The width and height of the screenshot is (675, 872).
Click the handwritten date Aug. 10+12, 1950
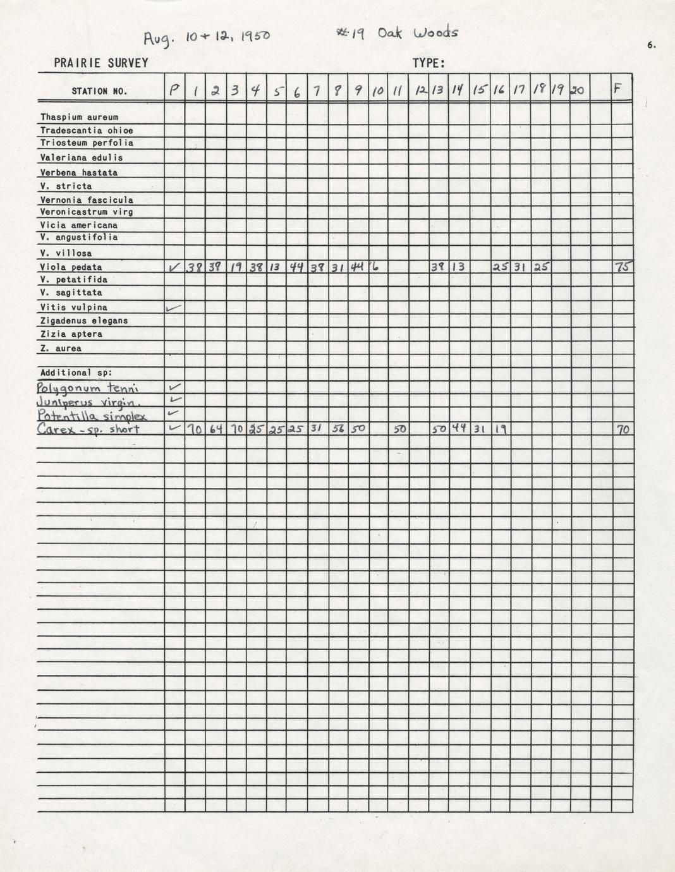[206, 37]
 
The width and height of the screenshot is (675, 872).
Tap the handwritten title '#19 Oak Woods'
[397, 33]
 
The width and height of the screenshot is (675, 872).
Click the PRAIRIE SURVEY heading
[101, 63]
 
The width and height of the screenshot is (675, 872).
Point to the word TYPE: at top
[429, 63]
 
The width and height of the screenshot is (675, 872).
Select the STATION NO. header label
[99, 91]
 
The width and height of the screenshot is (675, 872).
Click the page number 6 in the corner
[651, 45]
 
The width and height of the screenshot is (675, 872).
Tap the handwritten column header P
[174, 91]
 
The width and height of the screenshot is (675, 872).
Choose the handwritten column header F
[618, 90]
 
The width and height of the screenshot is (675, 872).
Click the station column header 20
[578, 91]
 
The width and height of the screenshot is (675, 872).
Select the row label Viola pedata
[71, 267]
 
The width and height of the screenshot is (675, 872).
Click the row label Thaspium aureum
[79, 117]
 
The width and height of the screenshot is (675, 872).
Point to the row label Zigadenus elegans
[84, 320]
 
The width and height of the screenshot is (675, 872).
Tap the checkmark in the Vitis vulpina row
[173, 308]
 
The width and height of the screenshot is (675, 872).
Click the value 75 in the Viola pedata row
[623, 267]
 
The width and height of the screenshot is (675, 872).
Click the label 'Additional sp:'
[66, 372]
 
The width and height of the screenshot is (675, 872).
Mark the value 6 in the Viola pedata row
[375, 267]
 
